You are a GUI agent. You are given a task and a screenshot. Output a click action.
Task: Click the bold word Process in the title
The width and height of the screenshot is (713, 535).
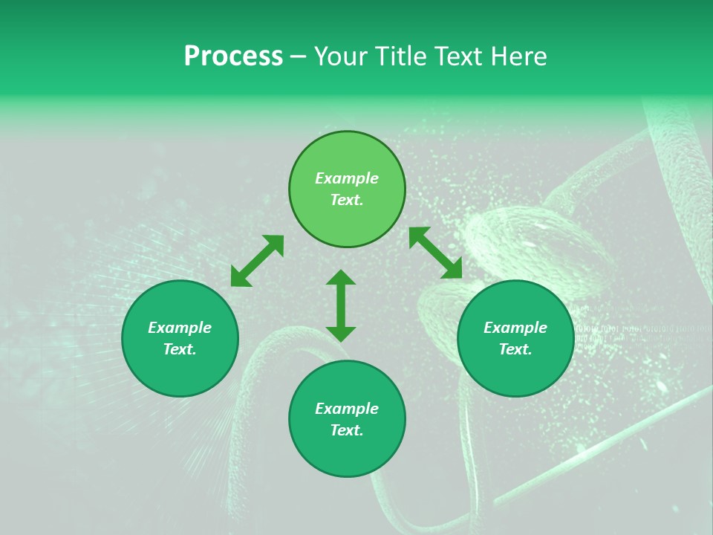[x=233, y=56]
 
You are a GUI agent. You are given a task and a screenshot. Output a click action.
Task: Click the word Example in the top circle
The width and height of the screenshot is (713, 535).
[x=347, y=178]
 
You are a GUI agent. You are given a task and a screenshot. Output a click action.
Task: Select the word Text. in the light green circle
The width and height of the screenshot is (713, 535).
[x=347, y=200]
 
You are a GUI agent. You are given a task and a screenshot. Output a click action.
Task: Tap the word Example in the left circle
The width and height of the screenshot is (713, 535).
[x=180, y=328]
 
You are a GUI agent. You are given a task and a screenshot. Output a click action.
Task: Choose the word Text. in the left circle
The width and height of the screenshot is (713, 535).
[x=180, y=349]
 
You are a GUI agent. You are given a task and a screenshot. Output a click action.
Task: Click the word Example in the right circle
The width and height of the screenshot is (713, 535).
[x=515, y=328]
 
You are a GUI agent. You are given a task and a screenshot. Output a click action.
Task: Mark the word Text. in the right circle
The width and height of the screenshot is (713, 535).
[x=515, y=349]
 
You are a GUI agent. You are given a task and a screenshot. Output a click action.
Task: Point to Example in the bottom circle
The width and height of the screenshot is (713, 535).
[x=347, y=409]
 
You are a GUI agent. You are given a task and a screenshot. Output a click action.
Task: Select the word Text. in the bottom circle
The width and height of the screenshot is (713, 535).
[x=347, y=430]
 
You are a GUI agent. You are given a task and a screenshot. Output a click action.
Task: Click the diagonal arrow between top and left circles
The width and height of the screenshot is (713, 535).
[x=257, y=261]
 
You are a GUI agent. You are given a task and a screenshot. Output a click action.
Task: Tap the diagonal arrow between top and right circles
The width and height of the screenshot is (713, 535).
[x=436, y=253]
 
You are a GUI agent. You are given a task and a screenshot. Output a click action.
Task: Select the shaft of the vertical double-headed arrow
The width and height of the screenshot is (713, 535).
[x=341, y=305]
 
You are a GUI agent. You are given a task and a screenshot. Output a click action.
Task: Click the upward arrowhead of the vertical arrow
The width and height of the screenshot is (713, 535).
[x=341, y=277]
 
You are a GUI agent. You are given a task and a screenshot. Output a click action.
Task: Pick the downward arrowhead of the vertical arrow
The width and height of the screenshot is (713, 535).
[x=341, y=334]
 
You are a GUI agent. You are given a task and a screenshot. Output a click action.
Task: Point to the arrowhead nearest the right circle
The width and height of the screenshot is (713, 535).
[x=454, y=270]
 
